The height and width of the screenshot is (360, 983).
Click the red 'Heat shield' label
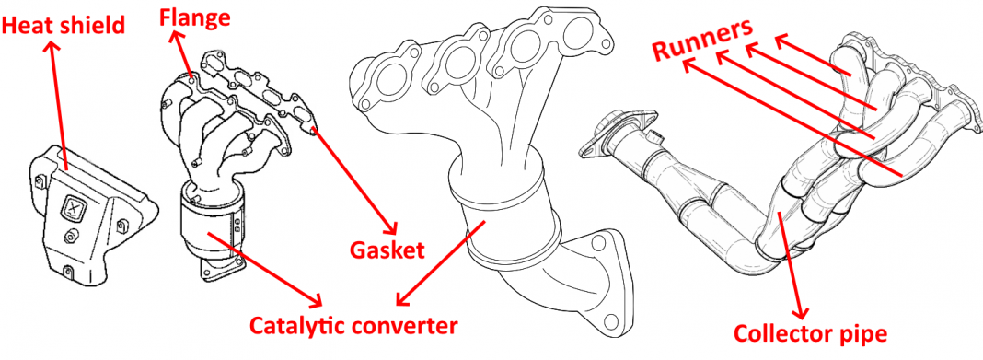[63, 26]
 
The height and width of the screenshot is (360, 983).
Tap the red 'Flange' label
[194, 16]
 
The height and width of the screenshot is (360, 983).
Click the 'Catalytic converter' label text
[353, 325]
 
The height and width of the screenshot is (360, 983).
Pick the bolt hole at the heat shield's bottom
[71, 271]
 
